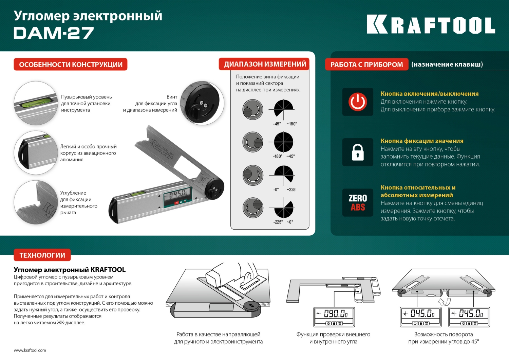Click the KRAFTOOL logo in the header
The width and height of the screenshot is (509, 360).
tap(431, 24)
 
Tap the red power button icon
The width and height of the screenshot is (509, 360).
tap(358, 102)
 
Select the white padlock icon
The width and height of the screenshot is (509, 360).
tap(358, 152)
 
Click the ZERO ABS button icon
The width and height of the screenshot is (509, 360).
tap(358, 203)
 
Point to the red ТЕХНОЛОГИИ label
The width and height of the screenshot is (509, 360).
tap(42, 255)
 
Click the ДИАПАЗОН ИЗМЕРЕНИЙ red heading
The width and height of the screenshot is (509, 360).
tap(265, 64)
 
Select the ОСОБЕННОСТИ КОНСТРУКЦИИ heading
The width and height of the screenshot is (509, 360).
tap(71, 65)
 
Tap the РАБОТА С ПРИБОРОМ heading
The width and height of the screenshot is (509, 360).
tap(366, 65)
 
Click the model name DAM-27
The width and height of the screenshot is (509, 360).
tap(54, 33)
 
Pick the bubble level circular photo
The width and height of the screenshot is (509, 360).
tap(36, 103)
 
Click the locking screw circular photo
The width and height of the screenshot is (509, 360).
tap(202, 103)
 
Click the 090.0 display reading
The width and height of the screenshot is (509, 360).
tap(334, 313)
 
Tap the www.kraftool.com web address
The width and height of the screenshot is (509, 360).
tap(30, 350)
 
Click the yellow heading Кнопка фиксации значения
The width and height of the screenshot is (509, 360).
tap(422, 141)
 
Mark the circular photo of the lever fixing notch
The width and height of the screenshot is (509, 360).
tap(36, 202)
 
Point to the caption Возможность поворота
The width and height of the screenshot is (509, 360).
tap(443, 335)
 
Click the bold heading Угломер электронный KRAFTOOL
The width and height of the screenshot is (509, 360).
tap(70, 270)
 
